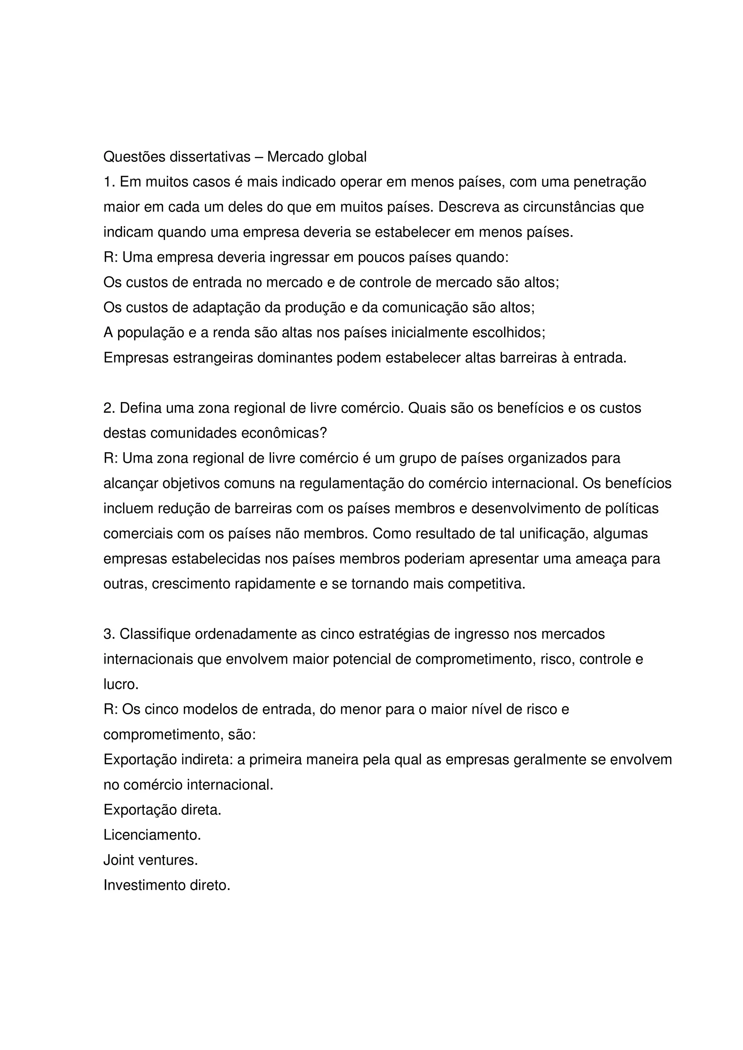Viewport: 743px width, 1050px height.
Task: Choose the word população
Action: [x=151, y=333]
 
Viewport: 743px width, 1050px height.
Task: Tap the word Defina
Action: [x=140, y=408]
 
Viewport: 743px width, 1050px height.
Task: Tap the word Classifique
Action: [x=155, y=634]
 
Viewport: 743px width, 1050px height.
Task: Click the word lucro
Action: [x=120, y=685]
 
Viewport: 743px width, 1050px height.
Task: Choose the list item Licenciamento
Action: [x=152, y=835]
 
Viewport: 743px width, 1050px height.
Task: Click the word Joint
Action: [x=119, y=860]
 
